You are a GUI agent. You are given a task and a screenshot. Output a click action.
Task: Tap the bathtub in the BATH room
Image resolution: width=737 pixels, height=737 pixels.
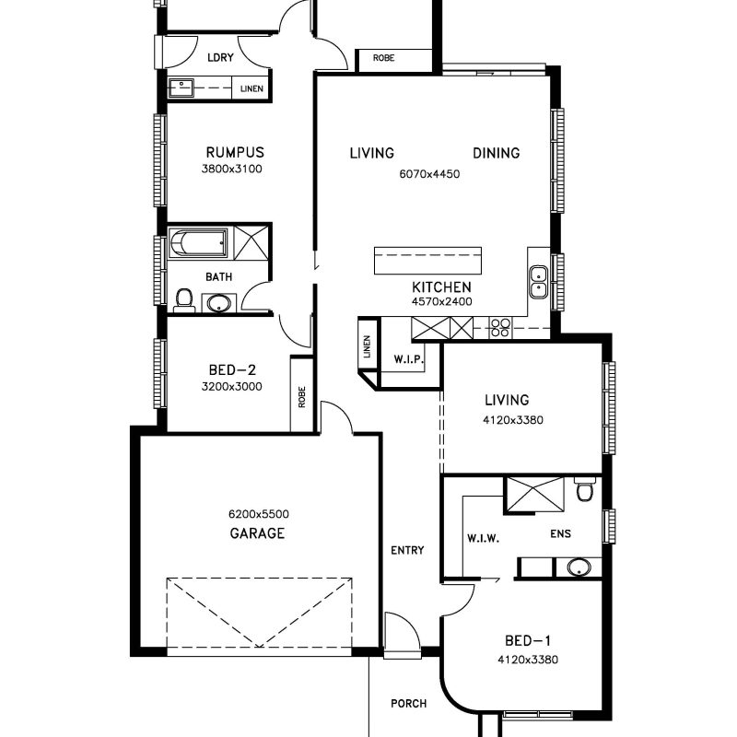click(x=198, y=243)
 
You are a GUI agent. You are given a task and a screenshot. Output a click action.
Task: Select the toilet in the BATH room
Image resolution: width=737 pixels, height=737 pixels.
click(x=184, y=300)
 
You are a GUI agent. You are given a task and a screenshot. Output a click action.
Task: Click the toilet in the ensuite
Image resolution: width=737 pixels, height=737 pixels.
click(x=585, y=490)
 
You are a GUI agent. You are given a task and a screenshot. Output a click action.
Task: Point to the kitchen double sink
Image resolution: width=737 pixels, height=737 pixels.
click(x=538, y=282)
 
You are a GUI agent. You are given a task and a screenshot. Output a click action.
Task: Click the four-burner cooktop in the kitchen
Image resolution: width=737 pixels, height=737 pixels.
click(x=500, y=328)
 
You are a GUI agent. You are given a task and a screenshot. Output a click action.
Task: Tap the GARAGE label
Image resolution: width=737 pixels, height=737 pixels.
click(x=257, y=533)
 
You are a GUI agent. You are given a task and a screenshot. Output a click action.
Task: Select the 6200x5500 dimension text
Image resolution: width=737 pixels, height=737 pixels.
click(x=259, y=514)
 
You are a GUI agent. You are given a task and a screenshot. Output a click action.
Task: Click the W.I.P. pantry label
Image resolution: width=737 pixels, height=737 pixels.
click(x=408, y=360)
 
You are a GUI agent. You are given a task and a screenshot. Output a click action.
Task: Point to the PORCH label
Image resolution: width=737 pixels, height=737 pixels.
click(x=409, y=704)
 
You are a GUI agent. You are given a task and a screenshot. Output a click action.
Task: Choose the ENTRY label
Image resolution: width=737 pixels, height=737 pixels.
click(x=407, y=550)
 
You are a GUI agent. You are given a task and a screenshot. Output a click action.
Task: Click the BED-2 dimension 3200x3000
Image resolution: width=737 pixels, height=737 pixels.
click(x=232, y=386)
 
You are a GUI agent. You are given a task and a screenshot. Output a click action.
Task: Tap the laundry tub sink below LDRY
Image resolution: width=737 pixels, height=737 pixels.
click(x=181, y=88)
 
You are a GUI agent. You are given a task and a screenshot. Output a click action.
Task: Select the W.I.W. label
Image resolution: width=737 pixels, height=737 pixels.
click(x=483, y=538)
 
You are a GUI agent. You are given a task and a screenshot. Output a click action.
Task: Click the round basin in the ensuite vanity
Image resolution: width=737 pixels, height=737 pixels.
click(x=579, y=567)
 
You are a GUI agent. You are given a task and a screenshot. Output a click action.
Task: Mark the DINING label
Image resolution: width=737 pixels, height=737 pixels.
click(x=497, y=153)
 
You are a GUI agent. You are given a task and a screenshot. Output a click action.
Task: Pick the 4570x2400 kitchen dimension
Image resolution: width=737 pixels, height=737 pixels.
click(x=442, y=301)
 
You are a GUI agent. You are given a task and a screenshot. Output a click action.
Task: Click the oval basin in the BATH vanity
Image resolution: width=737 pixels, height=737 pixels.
click(x=218, y=303)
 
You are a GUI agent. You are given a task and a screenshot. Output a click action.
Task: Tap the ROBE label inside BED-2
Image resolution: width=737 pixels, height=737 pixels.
click(x=302, y=397)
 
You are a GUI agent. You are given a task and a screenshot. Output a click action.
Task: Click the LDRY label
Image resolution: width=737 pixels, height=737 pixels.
click(x=220, y=57)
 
